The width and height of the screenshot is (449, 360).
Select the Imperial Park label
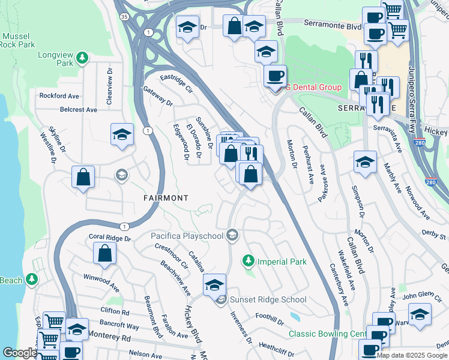282,262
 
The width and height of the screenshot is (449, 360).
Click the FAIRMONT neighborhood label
166,197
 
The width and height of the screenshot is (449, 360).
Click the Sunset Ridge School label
268,299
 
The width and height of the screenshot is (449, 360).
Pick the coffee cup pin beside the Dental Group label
276,77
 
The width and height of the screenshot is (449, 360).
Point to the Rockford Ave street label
59,95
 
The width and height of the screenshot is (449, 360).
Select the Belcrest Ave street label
78,110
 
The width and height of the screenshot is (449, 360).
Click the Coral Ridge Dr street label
109,238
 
